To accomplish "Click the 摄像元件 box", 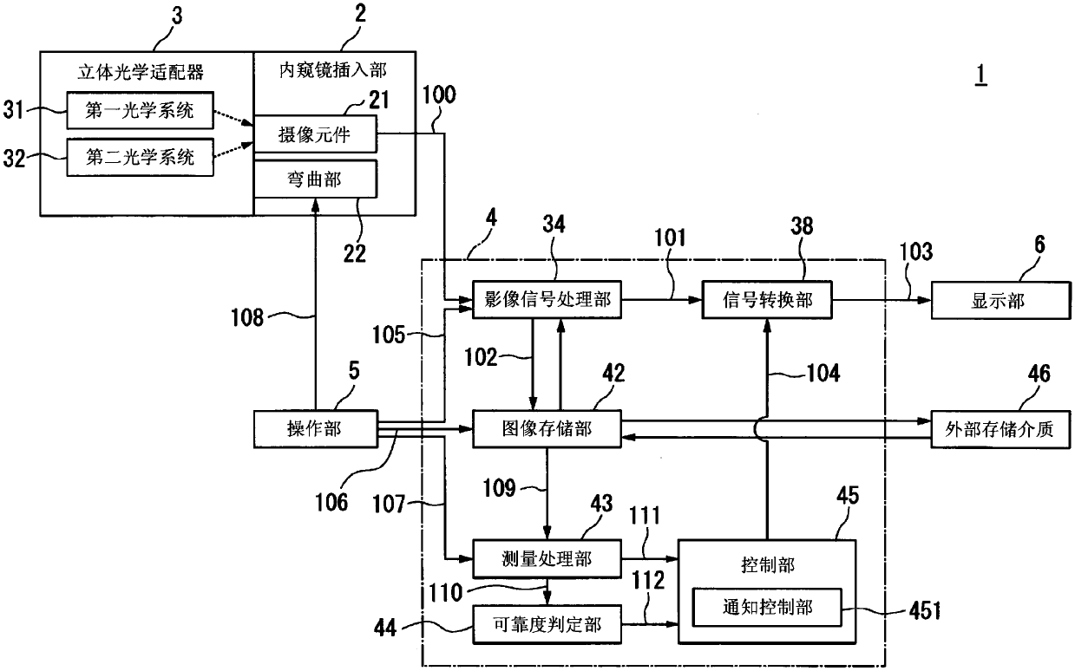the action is [315, 134].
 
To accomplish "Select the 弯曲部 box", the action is [315, 179].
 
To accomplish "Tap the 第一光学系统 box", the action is [141, 111].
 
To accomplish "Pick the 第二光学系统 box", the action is [141, 157].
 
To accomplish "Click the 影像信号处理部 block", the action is [547, 300].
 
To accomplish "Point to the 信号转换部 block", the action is [767, 300].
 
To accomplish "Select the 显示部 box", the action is [1000, 301].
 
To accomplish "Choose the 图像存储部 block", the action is [547, 429].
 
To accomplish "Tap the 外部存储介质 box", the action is [1000, 429].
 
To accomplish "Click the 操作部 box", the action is [315, 429].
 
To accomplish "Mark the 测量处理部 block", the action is [547, 559].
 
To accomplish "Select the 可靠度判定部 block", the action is [547, 624].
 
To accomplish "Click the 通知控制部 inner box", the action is [767, 607].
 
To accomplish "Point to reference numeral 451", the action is [925, 610].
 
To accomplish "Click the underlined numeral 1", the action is [981, 75].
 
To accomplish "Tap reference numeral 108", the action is [247, 317].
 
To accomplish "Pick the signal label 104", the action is [823, 373].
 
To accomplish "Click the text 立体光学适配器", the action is [141, 73].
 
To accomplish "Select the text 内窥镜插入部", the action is [332, 70].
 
